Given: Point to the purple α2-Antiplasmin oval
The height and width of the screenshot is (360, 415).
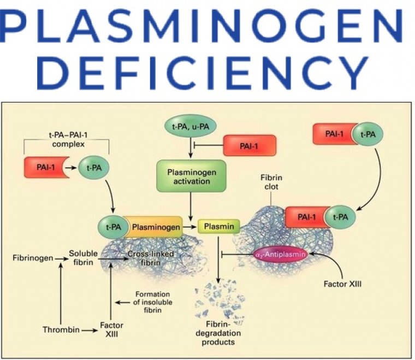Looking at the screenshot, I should coord(279,255).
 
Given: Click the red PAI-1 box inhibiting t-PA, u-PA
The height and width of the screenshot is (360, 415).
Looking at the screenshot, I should coord(249,146).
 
